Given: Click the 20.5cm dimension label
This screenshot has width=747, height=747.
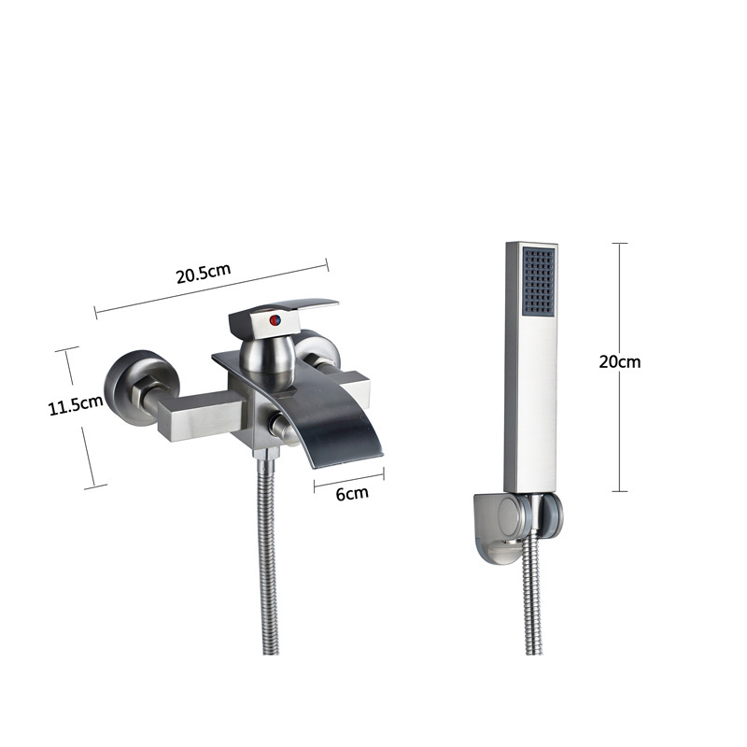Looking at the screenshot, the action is (x=204, y=273).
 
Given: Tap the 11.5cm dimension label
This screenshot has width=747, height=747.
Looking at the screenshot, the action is (x=76, y=405).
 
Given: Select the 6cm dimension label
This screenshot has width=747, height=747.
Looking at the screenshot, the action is (x=352, y=494).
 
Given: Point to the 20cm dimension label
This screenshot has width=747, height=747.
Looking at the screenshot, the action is (x=620, y=362).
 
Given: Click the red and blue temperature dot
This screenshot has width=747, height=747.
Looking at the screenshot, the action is (x=275, y=320).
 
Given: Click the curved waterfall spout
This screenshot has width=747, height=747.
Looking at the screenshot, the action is (x=315, y=405).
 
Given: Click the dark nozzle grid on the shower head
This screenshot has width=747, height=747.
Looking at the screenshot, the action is (x=540, y=280).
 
